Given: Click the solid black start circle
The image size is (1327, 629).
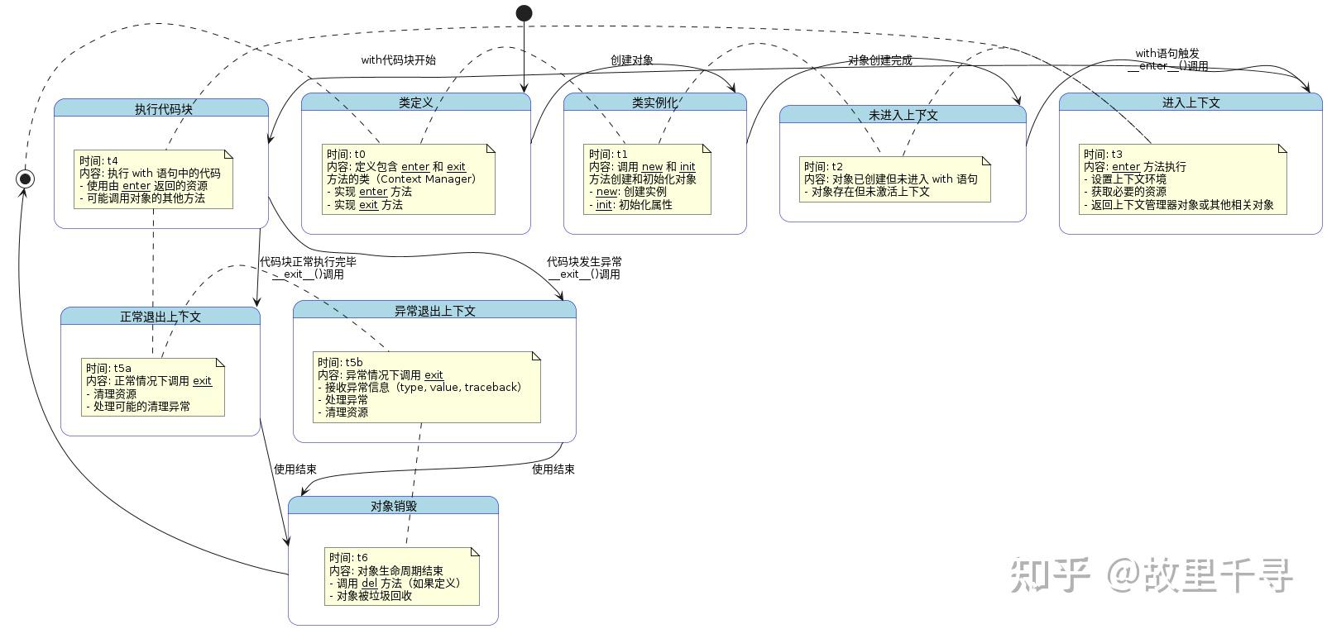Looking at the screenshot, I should point(524,13).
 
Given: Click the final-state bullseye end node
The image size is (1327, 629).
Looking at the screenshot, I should point(26,179).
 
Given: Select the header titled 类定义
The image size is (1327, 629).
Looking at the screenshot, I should point(415,102).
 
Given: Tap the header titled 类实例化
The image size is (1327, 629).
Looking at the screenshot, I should point(654,102).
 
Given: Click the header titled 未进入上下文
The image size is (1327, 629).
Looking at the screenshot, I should point(903,115).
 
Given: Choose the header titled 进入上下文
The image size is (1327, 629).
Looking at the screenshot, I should point(1190,102).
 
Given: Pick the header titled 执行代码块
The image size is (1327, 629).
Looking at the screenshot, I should point(163,109).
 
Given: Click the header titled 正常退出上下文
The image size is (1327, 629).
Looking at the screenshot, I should point(160,317).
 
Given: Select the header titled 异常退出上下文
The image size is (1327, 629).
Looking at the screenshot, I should point(434,311).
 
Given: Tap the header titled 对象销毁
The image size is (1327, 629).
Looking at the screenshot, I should point(393,506).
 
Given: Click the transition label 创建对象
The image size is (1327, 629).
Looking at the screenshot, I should point(632,60).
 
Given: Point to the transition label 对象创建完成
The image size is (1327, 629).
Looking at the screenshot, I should point(879,60).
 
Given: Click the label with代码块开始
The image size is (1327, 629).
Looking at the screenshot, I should point(398,60).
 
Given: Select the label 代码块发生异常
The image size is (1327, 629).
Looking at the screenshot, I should point(584,262).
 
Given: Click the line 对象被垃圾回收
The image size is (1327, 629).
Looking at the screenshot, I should point(374,596).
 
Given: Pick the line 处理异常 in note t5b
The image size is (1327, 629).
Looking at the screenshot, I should point(346,400).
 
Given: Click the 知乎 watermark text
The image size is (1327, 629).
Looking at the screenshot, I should point(1049,575).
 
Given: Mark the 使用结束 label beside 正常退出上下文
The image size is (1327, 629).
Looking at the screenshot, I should point(295,469).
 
